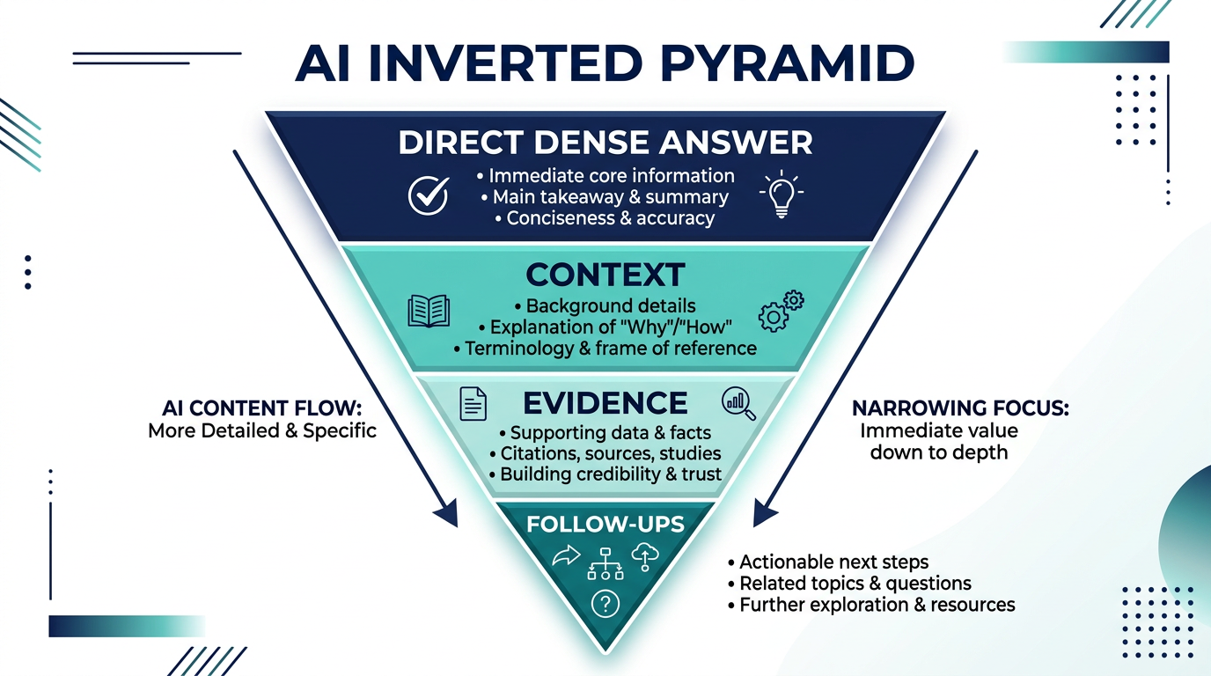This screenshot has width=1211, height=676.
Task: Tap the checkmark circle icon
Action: (x=429, y=195)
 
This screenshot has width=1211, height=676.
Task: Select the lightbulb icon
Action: (x=782, y=195)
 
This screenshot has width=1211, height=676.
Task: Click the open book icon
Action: (x=429, y=311)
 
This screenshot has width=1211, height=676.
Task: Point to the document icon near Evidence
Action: (x=473, y=403)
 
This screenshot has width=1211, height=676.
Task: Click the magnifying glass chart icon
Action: (x=738, y=402)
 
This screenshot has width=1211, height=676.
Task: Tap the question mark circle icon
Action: (x=605, y=603)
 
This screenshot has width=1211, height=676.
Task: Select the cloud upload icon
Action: (x=646, y=556)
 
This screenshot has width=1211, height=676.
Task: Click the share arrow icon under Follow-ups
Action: (x=565, y=555)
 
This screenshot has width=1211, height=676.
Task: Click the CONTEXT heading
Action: (x=605, y=276)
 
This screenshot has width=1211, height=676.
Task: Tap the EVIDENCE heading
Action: (x=605, y=403)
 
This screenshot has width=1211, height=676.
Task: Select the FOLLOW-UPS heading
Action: (x=605, y=525)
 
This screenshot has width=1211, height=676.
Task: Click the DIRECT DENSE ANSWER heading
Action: (x=605, y=143)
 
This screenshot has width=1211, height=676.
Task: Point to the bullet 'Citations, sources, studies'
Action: (x=605, y=453)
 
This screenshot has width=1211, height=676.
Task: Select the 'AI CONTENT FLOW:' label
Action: (x=261, y=408)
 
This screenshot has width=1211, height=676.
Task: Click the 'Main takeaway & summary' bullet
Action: (x=605, y=197)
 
